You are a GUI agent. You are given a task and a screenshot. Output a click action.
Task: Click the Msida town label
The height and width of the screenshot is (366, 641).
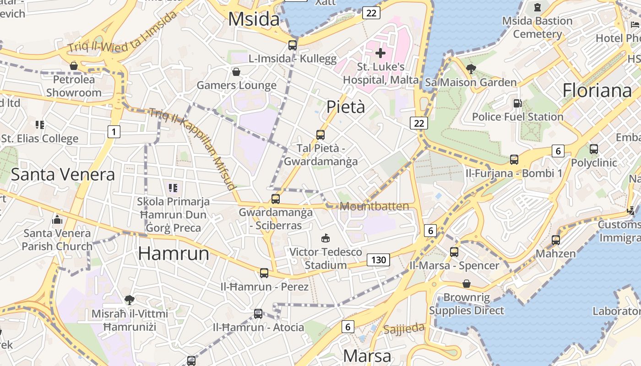pyautogui.click(x=254, y=19)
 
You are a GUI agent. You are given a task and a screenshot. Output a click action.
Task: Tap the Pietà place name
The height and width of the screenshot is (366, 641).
pyautogui.click(x=346, y=107)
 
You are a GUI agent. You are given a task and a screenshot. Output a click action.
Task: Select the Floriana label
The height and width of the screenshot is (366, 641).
pyautogui.click(x=597, y=90)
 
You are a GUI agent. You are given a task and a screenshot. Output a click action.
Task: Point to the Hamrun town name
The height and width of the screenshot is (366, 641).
pyautogui.click(x=174, y=253)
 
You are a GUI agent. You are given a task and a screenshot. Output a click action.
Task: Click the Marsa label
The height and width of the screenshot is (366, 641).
pyautogui.click(x=367, y=356)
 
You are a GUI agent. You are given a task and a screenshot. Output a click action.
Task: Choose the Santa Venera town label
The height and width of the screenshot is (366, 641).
pyautogui.click(x=63, y=174)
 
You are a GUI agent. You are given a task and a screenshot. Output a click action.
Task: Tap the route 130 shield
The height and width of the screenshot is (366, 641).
pyautogui.click(x=378, y=260)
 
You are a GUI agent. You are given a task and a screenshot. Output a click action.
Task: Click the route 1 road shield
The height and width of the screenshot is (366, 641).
pyautogui.click(x=114, y=132)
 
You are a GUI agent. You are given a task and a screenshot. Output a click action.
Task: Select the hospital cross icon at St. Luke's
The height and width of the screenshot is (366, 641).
pyautogui.click(x=380, y=53)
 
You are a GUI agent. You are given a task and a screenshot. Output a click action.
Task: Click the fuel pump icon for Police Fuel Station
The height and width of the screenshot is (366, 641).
pyautogui.click(x=517, y=103)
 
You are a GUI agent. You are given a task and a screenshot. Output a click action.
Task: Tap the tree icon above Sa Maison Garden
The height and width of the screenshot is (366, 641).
pyautogui.click(x=471, y=69)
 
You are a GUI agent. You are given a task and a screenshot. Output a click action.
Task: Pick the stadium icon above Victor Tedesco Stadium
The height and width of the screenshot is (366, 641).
pyautogui.click(x=326, y=238)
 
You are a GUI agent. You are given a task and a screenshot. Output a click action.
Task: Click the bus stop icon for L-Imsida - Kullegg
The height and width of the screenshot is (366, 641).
pyautogui.click(x=293, y=45)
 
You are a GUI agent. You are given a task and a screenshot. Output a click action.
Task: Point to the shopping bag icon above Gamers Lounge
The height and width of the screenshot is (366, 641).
pyautogui.click(x=236, y=72)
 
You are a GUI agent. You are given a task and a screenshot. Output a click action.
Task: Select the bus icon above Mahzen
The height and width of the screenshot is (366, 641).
pyautogui.click(x=555, y=240)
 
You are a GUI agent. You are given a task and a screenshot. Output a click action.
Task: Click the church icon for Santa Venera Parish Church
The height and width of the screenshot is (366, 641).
pyautogui.click(x=57, y=220)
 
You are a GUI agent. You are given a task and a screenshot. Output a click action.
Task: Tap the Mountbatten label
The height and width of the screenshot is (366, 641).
pyautogui.click(x=375, y=206)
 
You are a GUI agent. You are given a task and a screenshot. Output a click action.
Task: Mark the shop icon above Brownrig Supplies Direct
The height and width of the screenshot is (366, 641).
pyautogui.click(x=466, y=284)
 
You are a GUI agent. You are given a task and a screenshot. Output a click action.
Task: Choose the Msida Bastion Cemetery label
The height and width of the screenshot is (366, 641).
pyautogui.click(x=537, y=27)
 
